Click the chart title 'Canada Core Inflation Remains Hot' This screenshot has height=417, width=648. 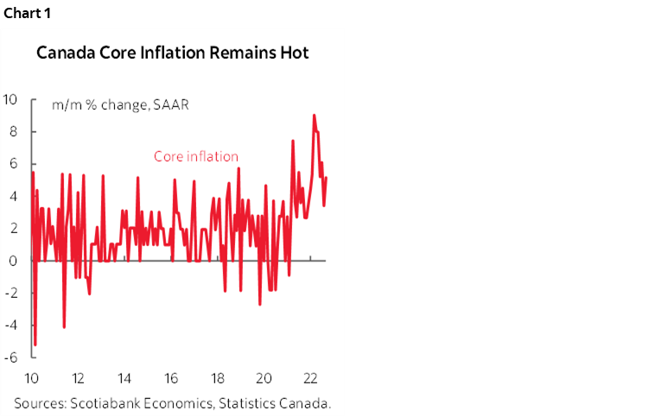pos(172,54)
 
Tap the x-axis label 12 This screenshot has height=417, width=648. pos(78,378)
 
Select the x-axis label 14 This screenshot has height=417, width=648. pos(124,378)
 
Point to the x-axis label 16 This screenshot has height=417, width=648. pos(171,378)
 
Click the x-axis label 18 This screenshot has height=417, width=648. pos(218,378)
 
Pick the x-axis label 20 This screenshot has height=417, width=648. pos(264,378)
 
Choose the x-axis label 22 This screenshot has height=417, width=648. pos(311,378)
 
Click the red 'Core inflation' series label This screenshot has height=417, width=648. pos(196,156)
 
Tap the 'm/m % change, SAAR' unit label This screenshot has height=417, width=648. pos(120,104)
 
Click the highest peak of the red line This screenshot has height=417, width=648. pos(314,115)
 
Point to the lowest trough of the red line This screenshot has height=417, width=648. pos(35,344)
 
